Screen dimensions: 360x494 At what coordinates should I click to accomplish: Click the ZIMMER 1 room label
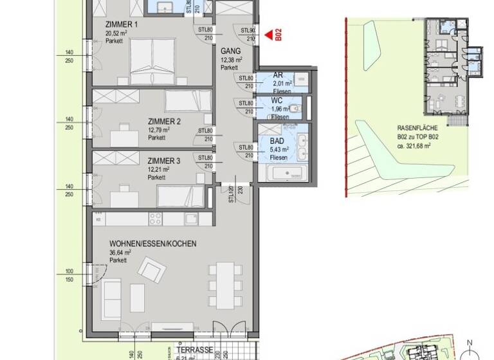pos(122,25)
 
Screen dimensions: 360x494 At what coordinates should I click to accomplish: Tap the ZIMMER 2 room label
pos(164,122)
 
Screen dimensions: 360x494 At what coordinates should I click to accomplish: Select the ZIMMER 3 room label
pos(164,161)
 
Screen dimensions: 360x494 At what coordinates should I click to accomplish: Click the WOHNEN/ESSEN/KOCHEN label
pos(152,244)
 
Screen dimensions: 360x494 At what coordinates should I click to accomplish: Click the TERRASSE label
pos(195,350)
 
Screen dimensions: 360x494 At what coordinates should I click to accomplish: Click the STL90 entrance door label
pos(247,30)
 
